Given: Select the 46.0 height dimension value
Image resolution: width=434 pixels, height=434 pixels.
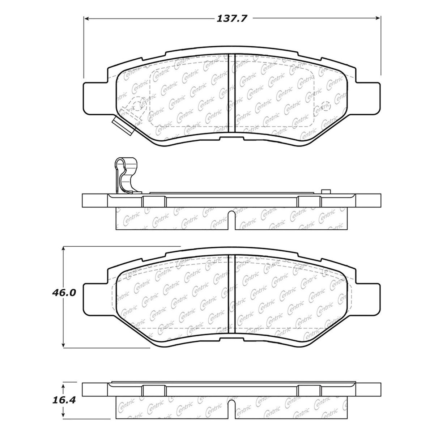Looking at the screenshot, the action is [x=64, y=293].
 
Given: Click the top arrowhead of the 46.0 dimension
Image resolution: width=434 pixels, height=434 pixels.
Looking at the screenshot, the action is [x=64, y=249].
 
